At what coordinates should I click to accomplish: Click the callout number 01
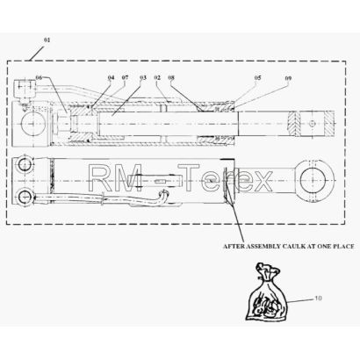pyautogui.click(x=47, y=40)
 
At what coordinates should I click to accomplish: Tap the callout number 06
pyautogui.click(x=39, y=77)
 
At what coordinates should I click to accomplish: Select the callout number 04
pyautogui.click(x=111, y=77)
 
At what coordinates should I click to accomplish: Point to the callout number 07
pyautogui.click(x=125, y=77)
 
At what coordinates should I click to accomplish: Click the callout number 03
pyautogui.click(x=143, y=77)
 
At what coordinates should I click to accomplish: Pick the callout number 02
pyautogui.click(x=157, y=77)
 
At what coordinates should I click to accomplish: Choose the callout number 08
pyautogui.click(x=171, y=77)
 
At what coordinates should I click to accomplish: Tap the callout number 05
pyautogui.click(x=257, y=77)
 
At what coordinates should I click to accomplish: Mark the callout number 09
pyautogui.click(x=288, y=78)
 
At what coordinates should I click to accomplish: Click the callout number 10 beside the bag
pyautogui.click(x=318, y=299)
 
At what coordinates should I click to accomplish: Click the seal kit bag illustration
pyautogui.click(x=266, y=292)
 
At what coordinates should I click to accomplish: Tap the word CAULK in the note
pyautogui.click(x=293, y=247)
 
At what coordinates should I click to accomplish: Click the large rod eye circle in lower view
pyautogui.click(x=313, y=180)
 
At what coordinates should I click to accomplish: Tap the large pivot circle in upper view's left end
pyautogui.click(x=34, y=123)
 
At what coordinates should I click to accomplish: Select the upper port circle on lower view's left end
pyautogui.click(x=25, y=165)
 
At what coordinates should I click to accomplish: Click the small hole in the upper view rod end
pyautogui.click(x=313, y=124)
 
